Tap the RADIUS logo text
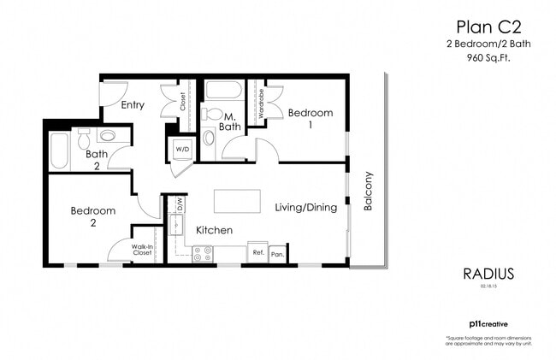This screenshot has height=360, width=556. [x=488, y=274]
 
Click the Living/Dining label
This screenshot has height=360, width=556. [x=305, y=207]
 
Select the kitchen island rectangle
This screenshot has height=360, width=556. [x=237, y=202]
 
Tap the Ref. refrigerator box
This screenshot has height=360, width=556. [x=257, y=253]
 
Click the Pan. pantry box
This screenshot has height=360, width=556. [x=277, y=254]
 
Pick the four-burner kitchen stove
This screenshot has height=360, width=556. [x=203, y=254]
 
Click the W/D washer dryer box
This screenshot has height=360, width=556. [x=182, y=150]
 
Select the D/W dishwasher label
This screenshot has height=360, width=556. [x=180, y=204]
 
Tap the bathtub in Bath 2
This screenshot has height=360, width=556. [x=59, y=150]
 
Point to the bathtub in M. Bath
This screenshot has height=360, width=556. [x=224, y=90]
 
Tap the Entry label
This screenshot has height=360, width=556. [x=133, y=105]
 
